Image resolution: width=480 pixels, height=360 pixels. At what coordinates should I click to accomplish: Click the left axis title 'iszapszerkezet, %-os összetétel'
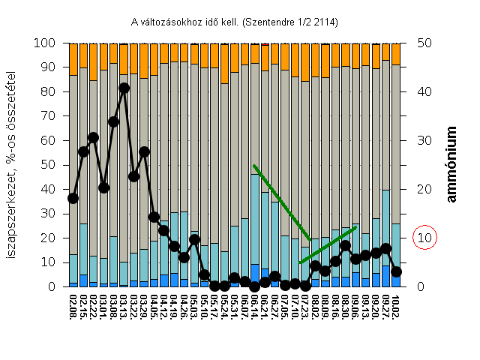click(13, 164)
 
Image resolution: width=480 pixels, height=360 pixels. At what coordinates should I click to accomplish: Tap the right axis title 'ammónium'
click(452, 164)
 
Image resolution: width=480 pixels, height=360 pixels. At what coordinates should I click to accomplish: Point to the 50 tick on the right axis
click(424, 43)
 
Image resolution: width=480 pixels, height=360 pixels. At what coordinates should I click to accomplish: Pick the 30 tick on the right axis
click(424, 140)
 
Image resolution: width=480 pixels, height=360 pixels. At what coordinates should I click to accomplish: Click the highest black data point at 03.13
click(124, 88)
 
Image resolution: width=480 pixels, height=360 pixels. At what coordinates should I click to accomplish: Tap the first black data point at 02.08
click(73, 198)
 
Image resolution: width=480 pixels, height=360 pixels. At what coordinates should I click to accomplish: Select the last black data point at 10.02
click(396, 271)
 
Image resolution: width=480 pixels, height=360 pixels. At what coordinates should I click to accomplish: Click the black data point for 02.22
click(94, 137)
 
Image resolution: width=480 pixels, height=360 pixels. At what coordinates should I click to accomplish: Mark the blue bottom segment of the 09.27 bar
click(386, 276)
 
